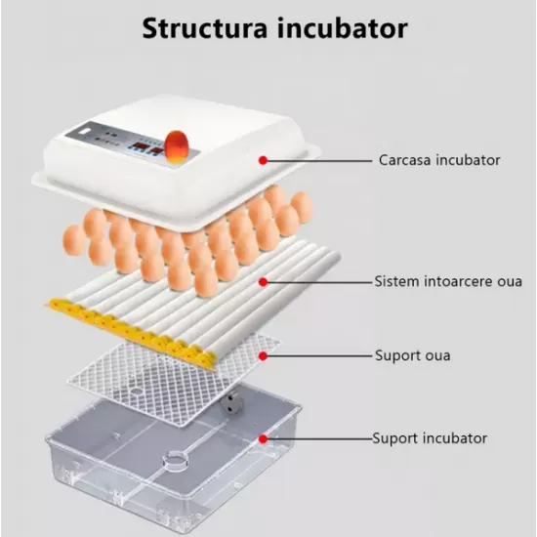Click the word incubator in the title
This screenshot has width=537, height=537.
(x=338, y=27)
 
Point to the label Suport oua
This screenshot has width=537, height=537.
(x=412, y=355)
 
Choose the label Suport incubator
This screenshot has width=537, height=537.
(x=429, y=438)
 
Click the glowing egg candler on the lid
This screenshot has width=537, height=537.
(x=178, y=146)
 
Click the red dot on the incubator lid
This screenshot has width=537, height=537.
(x=263, y=158)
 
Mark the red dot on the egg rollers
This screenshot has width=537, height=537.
(x=263, y=281)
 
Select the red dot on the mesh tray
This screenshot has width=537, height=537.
(x=263, y=355)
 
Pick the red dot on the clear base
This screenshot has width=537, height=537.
(x=263, y=438)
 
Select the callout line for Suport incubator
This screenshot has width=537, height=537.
(x=317, y=438)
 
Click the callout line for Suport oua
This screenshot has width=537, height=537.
(x=317, y=355)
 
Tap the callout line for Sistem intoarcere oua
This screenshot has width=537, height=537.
(x=317, y=281)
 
